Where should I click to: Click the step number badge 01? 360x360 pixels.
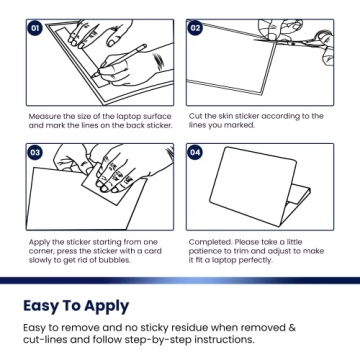[x=35, y=28]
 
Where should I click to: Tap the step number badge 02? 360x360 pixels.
[x=195, y=28]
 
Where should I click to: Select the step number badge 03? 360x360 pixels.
[x=35, y=153]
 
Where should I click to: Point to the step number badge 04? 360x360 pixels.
[x=195, y=153]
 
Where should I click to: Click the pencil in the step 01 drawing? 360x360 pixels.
[x=120, y=61]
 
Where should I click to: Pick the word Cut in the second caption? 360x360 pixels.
[x=195, y=116]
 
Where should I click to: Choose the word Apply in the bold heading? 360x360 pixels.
[x=106, y=307]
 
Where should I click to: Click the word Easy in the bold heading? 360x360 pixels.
[x=41, y=307]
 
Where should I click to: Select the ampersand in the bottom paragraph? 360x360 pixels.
[x=292, y=328]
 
